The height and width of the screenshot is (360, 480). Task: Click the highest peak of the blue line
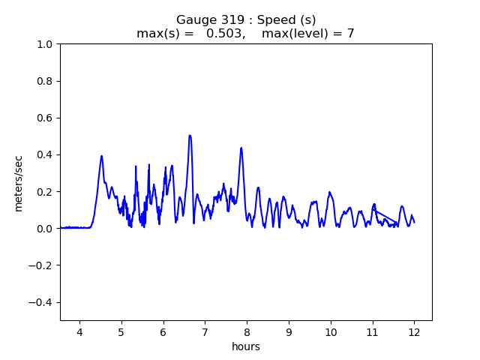click(190, 136)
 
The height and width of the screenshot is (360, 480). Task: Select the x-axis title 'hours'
click(246, 346)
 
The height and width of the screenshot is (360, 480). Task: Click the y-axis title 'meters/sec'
click(19, 183)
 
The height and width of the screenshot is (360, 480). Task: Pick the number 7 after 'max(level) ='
click(350, 34)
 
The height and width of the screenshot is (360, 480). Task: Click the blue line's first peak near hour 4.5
click(101, 156)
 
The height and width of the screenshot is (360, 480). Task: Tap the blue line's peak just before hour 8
click(241, 148)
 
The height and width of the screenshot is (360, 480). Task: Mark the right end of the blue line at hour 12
click(414, 221)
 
